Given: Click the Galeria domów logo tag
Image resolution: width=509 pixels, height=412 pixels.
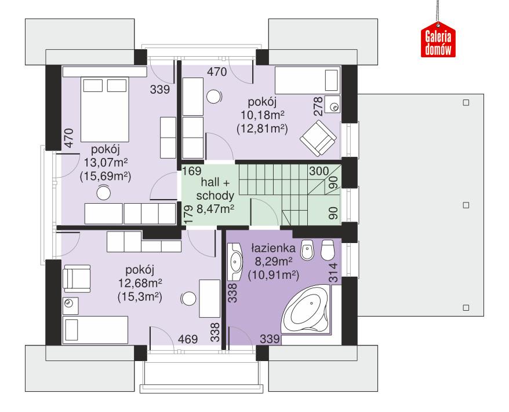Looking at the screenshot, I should [x=438, y=42].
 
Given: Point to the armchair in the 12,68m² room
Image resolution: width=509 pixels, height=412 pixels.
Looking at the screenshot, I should [x=76, y=278].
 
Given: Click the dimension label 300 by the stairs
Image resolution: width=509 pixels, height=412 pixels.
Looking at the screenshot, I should [x=318, y=171].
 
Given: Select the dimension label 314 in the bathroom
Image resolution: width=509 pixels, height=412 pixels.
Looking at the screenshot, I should [x=333, y=271].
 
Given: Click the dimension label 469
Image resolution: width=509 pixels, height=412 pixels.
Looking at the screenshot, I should [x=186, y=339].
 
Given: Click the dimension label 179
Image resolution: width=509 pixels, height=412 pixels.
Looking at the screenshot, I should [x=187, y=215].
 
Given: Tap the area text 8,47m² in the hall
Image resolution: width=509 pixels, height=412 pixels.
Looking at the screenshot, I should [x=215, y=209].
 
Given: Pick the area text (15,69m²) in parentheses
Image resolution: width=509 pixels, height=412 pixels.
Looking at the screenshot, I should [x=105, y=176].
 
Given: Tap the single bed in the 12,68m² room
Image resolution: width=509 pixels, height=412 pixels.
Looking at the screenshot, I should [x=95, y=330].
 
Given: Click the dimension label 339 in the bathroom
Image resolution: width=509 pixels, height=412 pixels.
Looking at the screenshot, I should [x=270, y=339].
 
